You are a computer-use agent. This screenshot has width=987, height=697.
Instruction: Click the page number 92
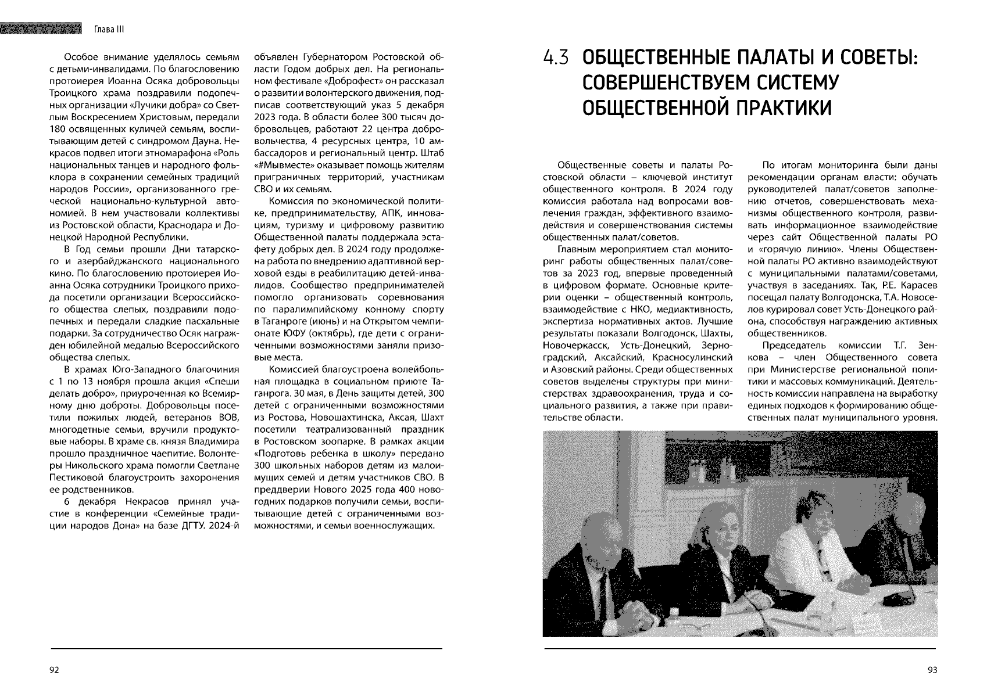[x=54, y=670]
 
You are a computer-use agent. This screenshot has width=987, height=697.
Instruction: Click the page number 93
[x=932, y=670]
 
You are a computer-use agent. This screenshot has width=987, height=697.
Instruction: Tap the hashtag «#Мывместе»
[x=282, y=164]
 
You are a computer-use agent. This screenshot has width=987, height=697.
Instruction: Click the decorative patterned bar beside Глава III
[x=40, y=28]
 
